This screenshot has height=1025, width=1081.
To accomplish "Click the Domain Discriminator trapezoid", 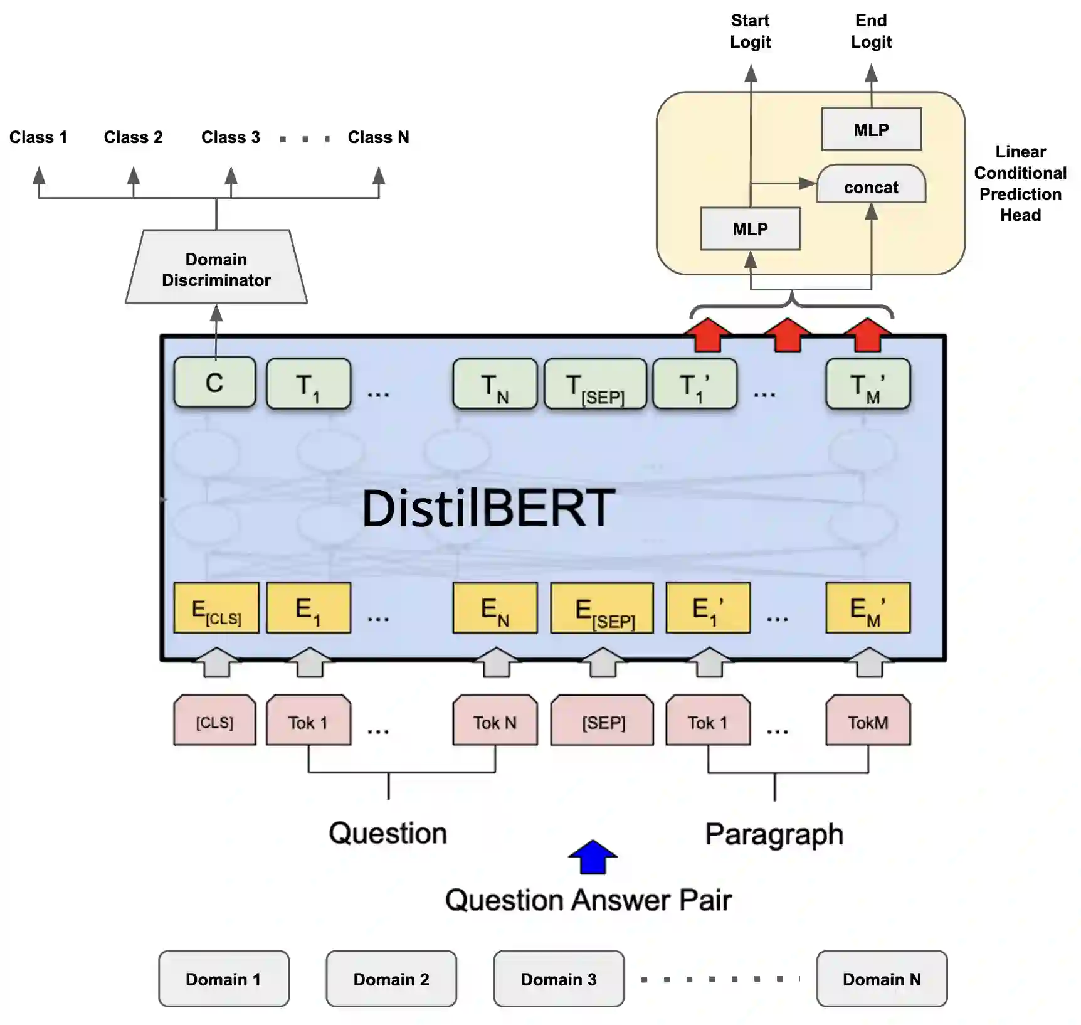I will [216, 269].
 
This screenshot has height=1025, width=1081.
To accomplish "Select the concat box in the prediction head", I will [871, 186].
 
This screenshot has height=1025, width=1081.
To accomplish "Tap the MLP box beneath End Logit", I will [871, 130].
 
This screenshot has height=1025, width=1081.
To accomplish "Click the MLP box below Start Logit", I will [750, 229].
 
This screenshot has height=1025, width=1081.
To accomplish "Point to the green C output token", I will [214, 383].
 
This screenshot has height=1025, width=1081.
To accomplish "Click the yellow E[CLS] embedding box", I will [216, 608].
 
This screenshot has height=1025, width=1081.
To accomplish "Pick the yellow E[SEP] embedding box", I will [602, 608].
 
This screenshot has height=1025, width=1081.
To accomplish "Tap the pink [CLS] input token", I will [214, 721].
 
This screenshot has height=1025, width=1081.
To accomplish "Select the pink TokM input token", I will [868, 721].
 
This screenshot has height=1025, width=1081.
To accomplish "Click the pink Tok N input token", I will [495, 721].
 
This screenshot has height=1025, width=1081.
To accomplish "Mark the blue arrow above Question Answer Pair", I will [593, 858].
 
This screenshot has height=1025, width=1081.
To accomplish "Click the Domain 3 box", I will [559, 979].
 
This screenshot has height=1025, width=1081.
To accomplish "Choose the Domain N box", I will [882, 979].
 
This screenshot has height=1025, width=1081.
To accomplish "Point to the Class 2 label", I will [133, 137].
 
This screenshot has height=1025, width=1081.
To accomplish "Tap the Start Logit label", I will [750, 31].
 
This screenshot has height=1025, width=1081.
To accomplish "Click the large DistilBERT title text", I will [488, 507].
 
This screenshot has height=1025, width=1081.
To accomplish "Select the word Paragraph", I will [774, 834].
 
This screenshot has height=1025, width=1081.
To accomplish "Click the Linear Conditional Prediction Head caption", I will [1020, 183].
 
